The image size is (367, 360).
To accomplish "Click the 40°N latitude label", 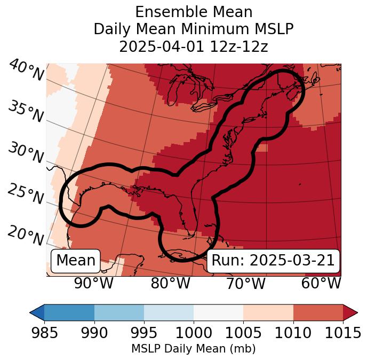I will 26,71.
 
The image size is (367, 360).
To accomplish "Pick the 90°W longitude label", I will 94,284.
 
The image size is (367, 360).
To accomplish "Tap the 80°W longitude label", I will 170,284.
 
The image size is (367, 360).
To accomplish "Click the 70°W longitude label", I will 245,284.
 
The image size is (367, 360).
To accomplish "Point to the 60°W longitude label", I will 321,284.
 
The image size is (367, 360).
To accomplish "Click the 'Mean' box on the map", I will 76,261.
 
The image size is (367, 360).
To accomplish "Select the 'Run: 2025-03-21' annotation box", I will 273,261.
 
